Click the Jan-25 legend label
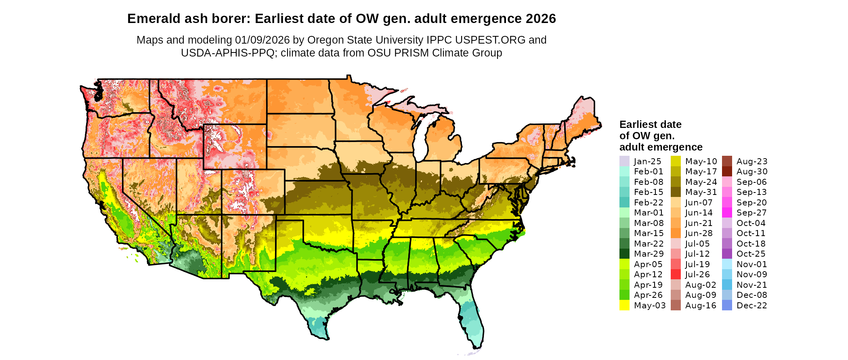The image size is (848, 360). pyautogui.click(x=647, y=161)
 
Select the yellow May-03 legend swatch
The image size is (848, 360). pyautogui.click(x=624, y=306)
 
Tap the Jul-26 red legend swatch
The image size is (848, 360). pyautogui.click(x=676, y=274)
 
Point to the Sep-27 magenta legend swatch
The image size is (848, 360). pyautogui.click(x=727, y=213)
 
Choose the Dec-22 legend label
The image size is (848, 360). pyautogui.click(x=751, y=306)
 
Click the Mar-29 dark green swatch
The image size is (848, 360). pyautogui.click(x=624, y=254)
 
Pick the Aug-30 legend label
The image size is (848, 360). pyautogui.click(x=752, y=172)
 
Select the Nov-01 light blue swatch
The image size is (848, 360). pyautogui.click(x=727, y=264)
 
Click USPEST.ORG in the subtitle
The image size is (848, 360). pyautogui.click(x=490, y=40)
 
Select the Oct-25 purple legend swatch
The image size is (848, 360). pyautogui.click(x=727, y=254)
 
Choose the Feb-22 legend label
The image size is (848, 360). pyautogui.click(x=649, y=203)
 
